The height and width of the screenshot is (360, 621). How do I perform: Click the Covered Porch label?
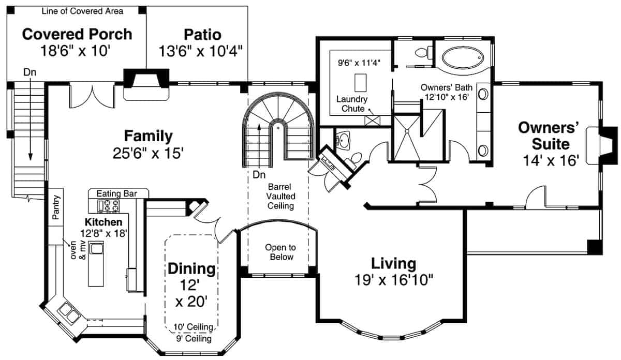point(77,34)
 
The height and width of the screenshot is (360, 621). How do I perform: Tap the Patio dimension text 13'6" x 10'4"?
point(202,51)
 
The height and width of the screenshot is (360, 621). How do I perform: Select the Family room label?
point(148,137)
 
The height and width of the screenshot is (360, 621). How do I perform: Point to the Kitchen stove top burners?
point(108,205)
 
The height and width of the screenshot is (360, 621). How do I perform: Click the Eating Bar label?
point(116,193)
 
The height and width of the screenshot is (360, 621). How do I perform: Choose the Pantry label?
point(57,207)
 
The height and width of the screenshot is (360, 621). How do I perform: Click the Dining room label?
point(191,268)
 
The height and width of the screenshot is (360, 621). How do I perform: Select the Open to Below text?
point(279,252)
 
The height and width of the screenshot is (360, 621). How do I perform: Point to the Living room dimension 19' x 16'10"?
point(394,280)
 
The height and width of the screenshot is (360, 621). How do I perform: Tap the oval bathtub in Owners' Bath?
point(462,58)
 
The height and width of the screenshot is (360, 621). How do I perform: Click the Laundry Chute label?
point(351,103)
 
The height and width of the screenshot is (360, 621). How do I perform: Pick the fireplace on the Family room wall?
point(145,84)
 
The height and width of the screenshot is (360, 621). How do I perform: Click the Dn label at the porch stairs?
point(29,72)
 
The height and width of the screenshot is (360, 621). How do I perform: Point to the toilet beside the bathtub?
point(423,52)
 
